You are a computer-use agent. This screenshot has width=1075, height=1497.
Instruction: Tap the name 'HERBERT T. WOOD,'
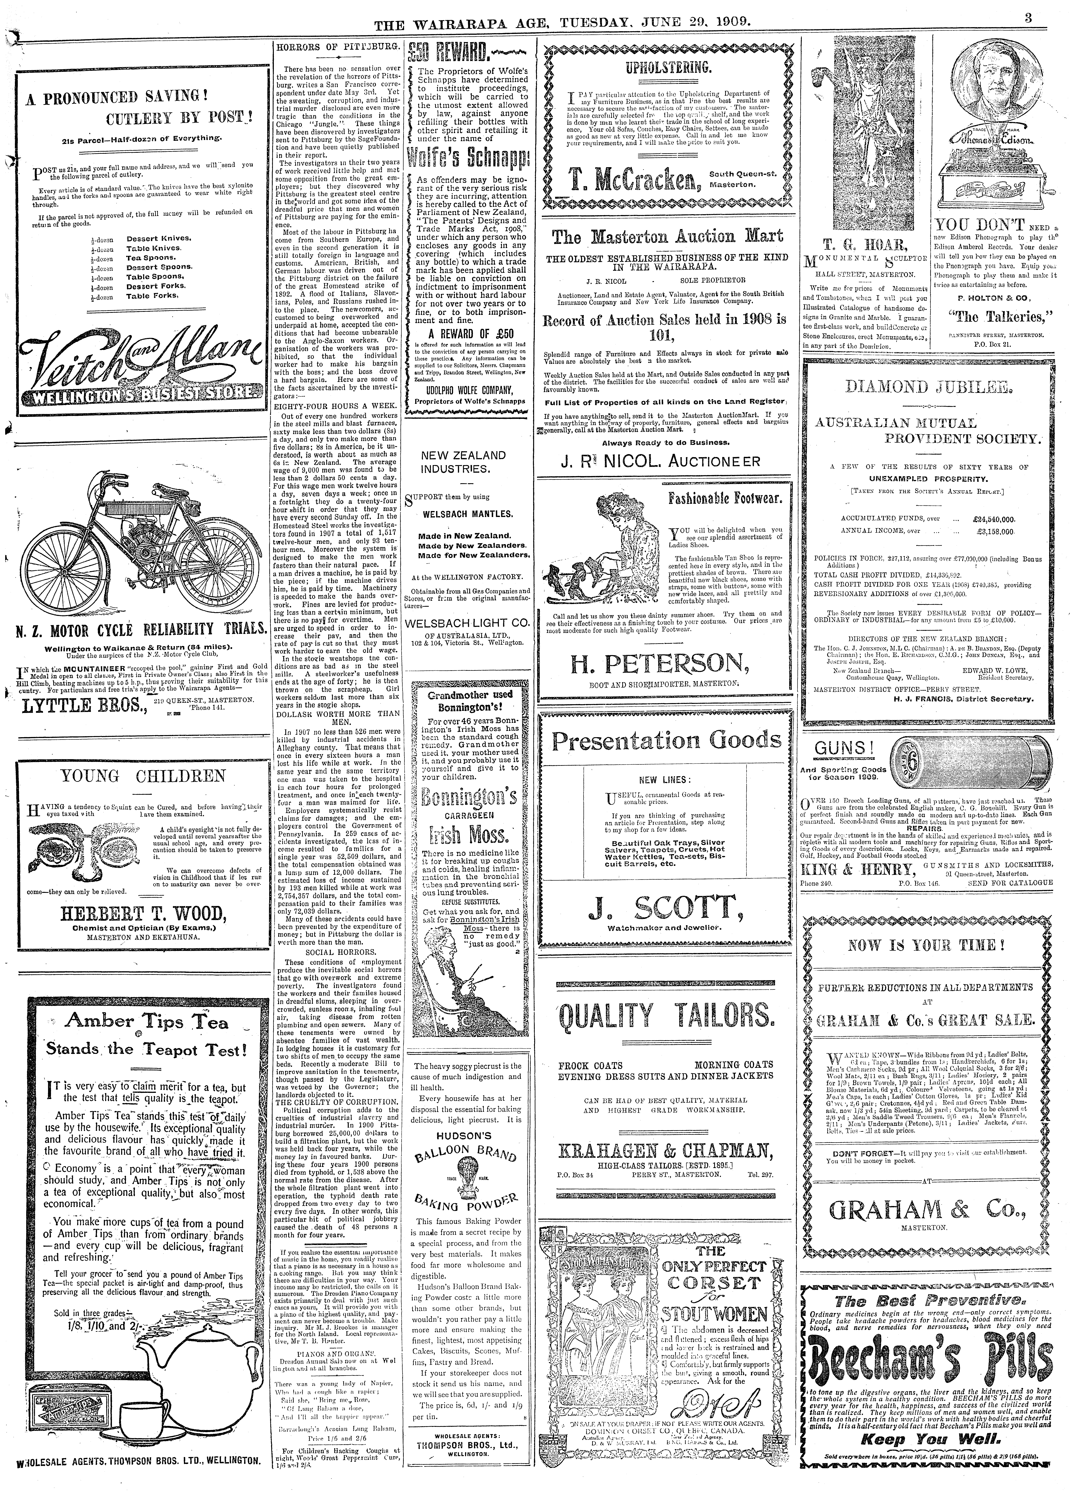[x=145, y=914]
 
